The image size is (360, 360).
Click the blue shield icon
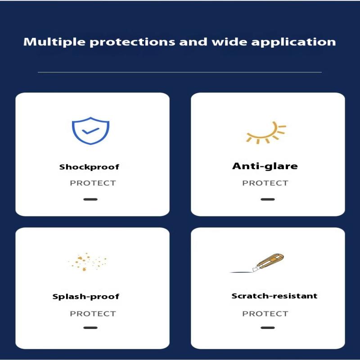(x=91, y=130)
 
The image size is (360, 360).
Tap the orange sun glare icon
(x=265, y=132)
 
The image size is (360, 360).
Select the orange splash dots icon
(x=88, y=262)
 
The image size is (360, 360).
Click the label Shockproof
(x=89, y=167)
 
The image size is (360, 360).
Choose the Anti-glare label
(x=265, y=166)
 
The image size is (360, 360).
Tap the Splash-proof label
(x=86, y=297)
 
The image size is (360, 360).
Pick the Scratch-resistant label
(x=274, y=296)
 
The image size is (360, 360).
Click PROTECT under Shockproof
(x=93, y=183)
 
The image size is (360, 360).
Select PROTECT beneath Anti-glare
(x=265, y=183)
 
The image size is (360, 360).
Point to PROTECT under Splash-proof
(x=93, y=314)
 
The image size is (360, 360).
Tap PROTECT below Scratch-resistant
(x=265, y=314)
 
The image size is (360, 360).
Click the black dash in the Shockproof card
(x=90, y=199)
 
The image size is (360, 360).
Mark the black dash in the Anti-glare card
(x=268, y=199)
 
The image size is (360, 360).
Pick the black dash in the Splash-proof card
(x=90, y=328)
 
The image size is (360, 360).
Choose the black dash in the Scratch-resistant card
(x=268, y=328)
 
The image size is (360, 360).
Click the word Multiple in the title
(x=49, y=42)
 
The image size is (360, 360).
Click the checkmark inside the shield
(x=91, y=130)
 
